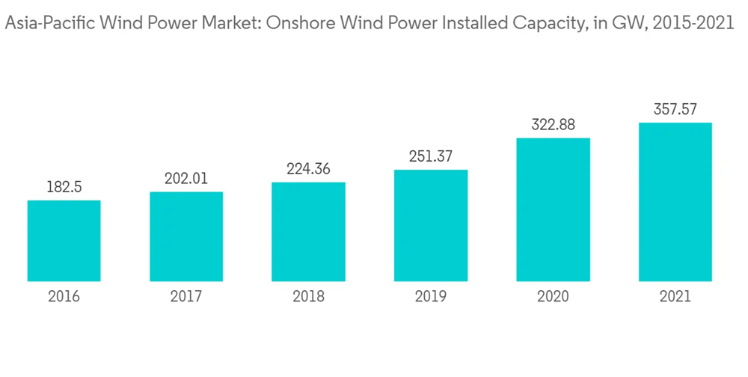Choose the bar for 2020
tap(553, 210)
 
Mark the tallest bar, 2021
tap(675, 203)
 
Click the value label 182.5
tap(64, 187)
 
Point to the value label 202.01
tap(186, 179)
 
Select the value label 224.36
tap(308, 169)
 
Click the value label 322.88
tap(553, 125)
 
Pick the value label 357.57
tap(675, 109)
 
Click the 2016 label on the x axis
tap(64, 297)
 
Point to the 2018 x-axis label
tap(308, 297)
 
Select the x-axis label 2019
tap(431, 297)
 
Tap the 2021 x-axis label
tap(675, 297)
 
